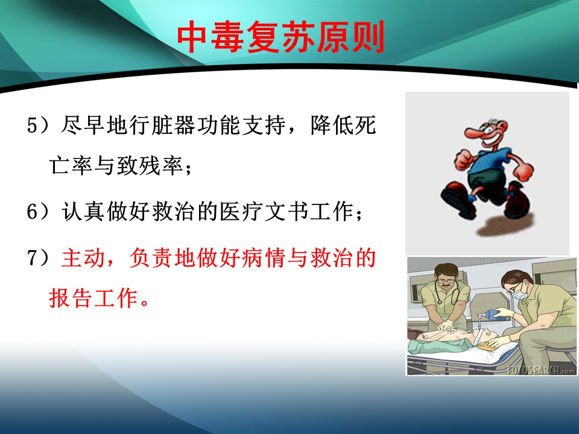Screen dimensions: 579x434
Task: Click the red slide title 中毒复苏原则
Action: (281, 37)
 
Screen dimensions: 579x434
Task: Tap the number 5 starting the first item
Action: (33, 125)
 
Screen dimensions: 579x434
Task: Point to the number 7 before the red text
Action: (33, 257)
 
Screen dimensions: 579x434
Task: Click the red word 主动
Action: (83, 257)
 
